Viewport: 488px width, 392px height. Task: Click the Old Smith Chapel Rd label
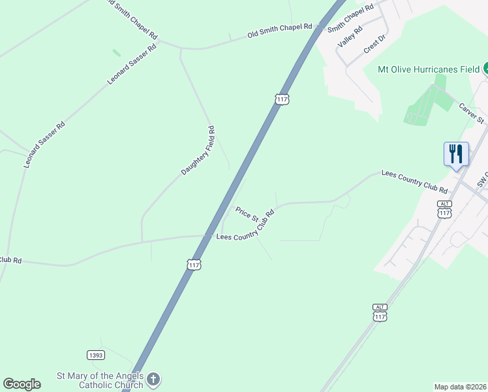click(x=280, y=30)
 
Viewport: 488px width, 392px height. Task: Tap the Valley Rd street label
click(x=350, y=37)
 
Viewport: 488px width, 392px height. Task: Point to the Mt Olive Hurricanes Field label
click(x=429, y=69)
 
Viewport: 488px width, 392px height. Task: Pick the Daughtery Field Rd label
click(x=198, y=151)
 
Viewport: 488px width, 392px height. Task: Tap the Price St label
click(x=247, y=214)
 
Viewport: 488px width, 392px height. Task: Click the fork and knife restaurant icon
click(x=455, y=154)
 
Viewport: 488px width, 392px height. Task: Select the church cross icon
click(x=153, y=379)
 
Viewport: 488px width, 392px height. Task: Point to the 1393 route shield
click(x=95, y=355)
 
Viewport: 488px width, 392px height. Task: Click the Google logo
click(x=22, y=384)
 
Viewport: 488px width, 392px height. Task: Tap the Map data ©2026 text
click(x=459, y=386)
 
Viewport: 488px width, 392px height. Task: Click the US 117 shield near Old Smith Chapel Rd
click(x=282, y=99)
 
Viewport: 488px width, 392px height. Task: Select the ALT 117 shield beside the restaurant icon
click(x=444, y=210)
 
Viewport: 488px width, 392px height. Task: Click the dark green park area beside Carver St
click(x=428, y=104)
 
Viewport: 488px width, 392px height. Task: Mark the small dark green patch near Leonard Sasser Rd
click(x=117, y=52)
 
